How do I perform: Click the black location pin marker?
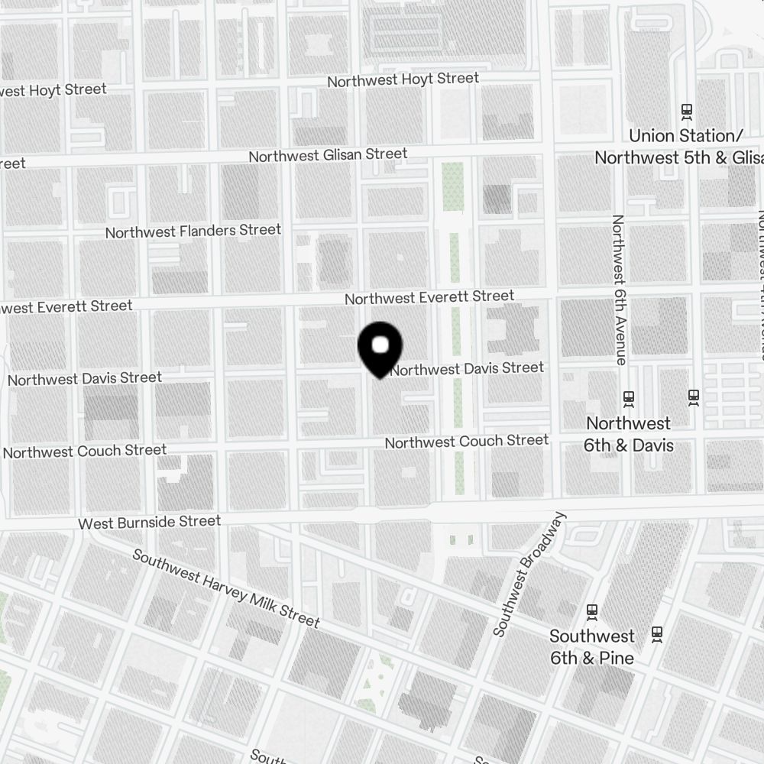(x=380, y=348)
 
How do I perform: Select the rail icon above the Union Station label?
(x=686, y=112)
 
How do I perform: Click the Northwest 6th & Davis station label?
(x=628, y=434)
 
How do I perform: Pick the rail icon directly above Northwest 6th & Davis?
(x=629, y=398)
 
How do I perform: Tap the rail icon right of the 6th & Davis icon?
(x=694, y=397)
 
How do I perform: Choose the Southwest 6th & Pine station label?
(x=592, y=646)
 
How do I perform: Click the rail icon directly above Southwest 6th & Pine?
(x=591, y=611)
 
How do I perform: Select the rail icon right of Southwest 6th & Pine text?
(x=657, y=633)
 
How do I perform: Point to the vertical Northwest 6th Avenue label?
(x=619, y=290)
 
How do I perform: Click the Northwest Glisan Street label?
(x=328, y=155)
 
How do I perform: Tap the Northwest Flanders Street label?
(x=193, y=231)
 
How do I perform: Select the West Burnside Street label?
(x=150, y=523)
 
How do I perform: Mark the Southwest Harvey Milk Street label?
(x=226, y=588)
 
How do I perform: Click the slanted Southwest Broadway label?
(x=530, y=575)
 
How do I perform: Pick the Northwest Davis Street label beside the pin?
(x=468, y=369)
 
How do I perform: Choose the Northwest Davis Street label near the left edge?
(x=85, y=378)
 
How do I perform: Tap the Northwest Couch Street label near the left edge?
(x=85, y=451)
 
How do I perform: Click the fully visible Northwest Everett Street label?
(x=429, y=297)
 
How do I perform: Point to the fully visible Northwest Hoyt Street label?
(x=403, y=79)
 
